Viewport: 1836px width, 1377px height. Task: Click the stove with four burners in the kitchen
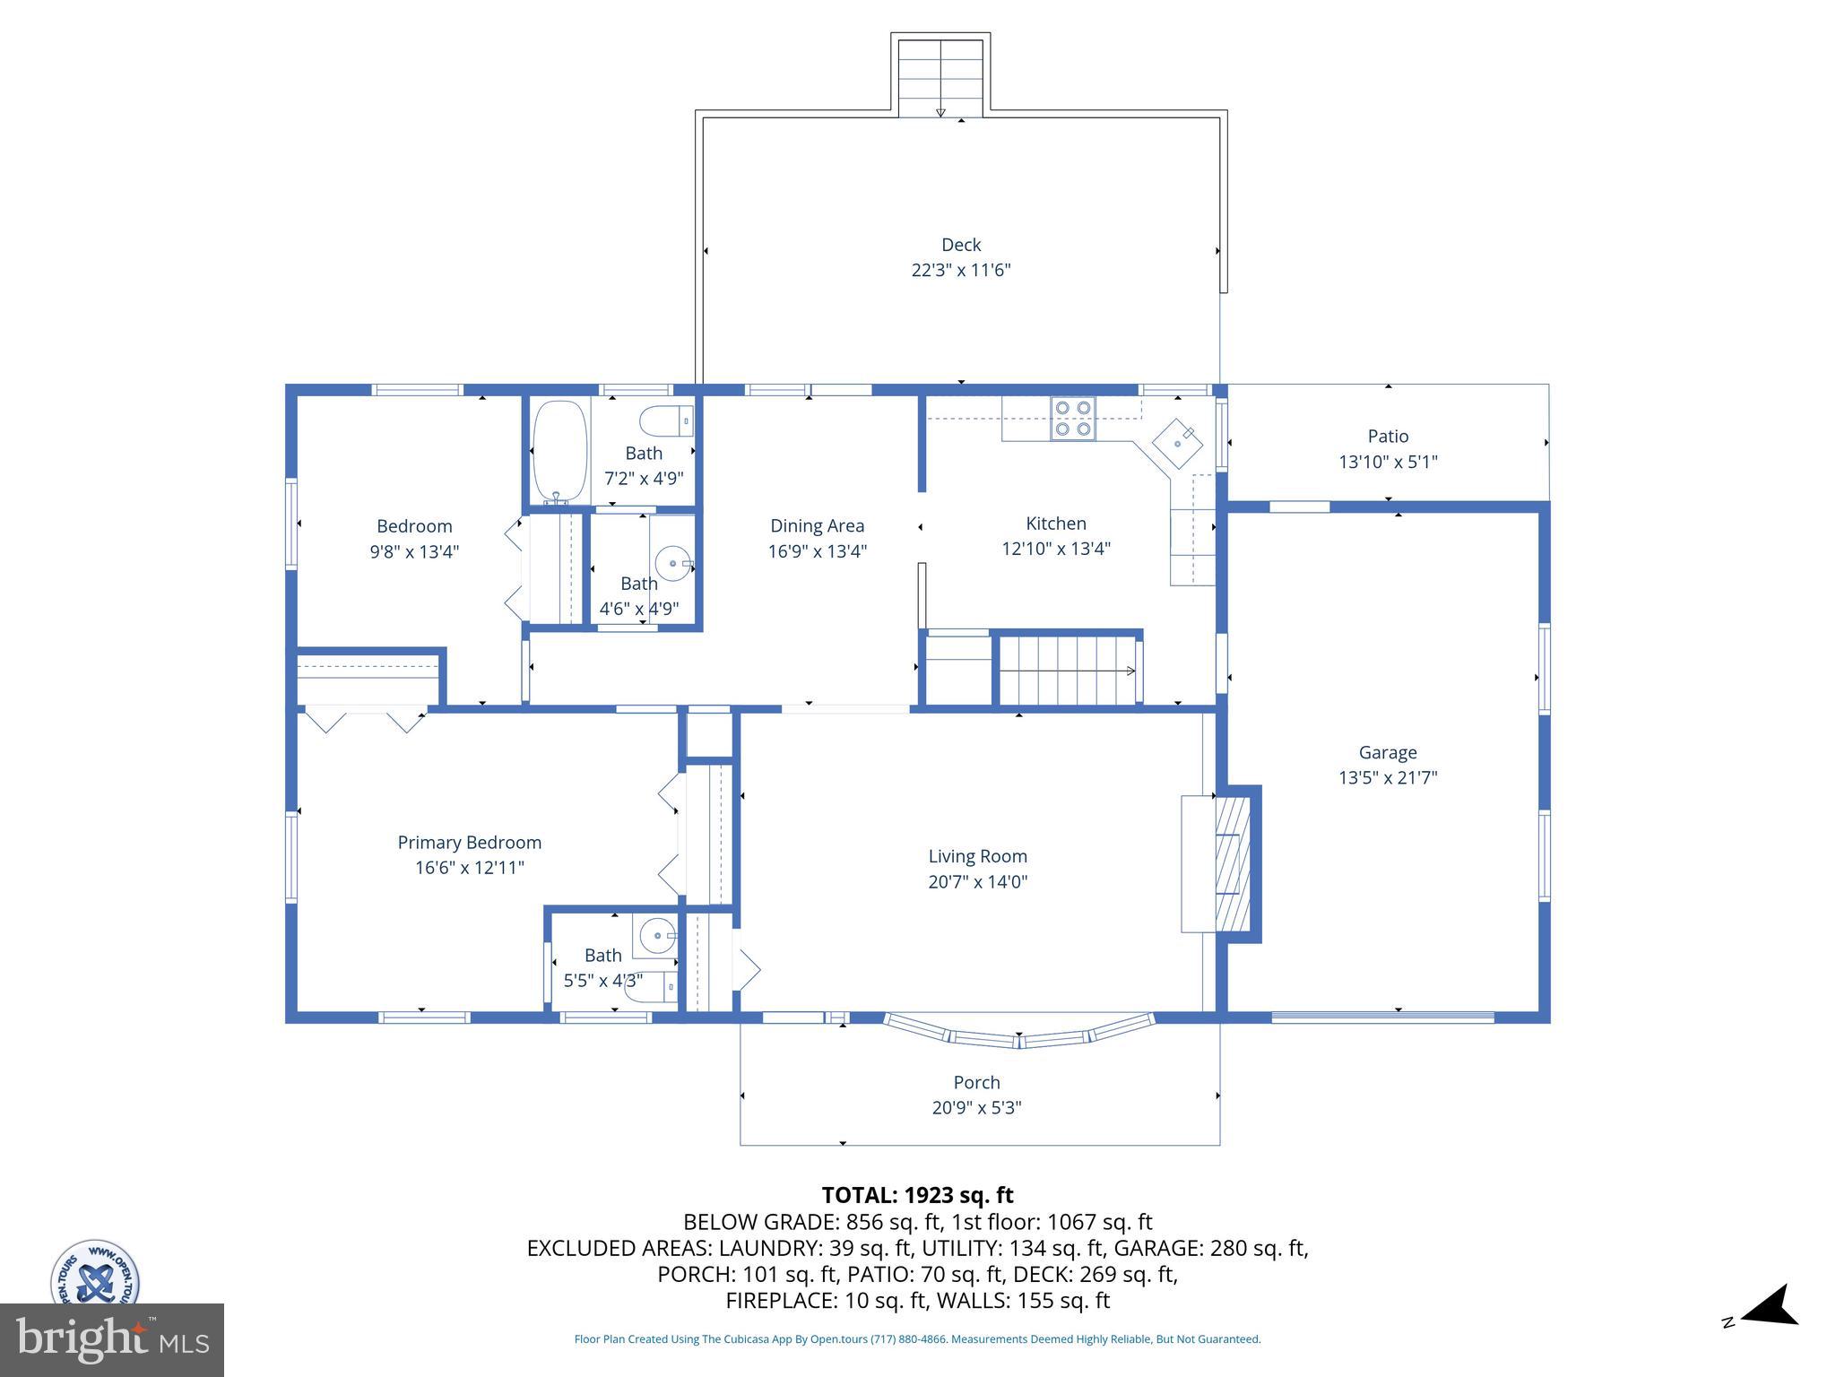click(x=1073, y=418)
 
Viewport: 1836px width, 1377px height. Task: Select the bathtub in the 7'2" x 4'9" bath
click(x=560, y=451)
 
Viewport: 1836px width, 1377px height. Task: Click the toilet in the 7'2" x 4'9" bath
click(x=666, y=420)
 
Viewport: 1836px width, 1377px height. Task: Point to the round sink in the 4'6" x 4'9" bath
click(x=672, y=565)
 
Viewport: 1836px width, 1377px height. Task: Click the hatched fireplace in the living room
click(x=1232, y=864)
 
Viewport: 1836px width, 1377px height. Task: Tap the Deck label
click(x=961, y=245)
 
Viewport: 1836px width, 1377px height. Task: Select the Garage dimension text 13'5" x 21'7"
click(x=1388, y=777)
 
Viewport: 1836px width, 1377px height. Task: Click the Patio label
click(x=1388, y=437)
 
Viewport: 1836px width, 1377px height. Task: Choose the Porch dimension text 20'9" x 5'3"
click(x=976, y=1107)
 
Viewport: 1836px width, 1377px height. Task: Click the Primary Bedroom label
click(x=469, y=843)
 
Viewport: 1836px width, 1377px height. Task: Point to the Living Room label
click(x=977, y=856)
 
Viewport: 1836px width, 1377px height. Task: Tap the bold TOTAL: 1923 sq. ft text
click(x=917, y=1195)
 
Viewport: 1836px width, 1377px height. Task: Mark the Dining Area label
click(x=817, y=526)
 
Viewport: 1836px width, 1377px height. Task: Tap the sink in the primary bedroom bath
click(x=657, y=936)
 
